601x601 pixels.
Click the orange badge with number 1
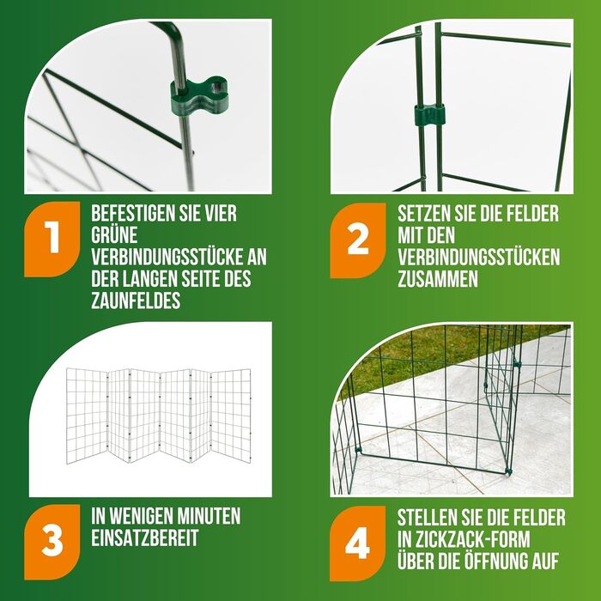point(52,239)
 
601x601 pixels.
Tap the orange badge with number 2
point(358,240)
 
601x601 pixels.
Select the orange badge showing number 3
point(52,542)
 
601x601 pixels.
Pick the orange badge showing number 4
point(358,543)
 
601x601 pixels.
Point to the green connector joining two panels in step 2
point(429,114)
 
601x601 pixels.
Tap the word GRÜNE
point(114,235)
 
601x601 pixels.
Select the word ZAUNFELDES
point(136,300)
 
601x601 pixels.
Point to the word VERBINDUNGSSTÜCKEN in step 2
point(479,257)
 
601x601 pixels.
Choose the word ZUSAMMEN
point(438,279)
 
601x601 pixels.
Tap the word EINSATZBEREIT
point(145,537)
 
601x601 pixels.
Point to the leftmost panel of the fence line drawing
point(87,416)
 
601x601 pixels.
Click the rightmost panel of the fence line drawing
point(231,416)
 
